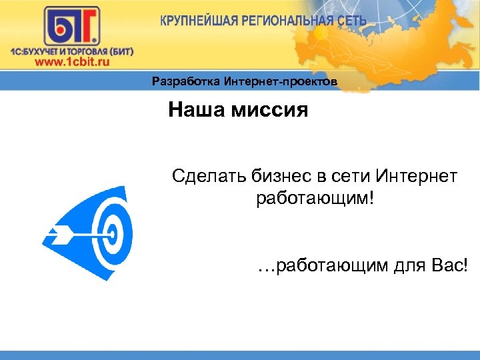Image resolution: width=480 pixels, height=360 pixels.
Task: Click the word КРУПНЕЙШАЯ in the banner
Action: [194, 20]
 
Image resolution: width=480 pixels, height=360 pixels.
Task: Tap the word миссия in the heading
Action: [269, 109]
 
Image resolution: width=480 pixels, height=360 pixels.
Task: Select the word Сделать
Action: [209, 177]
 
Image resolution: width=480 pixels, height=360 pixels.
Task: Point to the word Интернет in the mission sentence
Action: [417, 177]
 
